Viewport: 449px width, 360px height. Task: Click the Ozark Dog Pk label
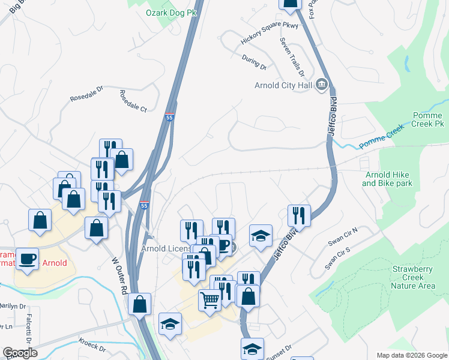tap(172, 12)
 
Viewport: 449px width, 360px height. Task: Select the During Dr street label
tap(254, 62)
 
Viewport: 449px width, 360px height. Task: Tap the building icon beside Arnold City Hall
tap(322, 85)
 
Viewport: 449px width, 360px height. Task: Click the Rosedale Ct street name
tap(133, 101)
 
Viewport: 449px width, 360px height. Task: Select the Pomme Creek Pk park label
tap(427, 120)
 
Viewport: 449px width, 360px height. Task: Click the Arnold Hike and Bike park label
tap(389, 179)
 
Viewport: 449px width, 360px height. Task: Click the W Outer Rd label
tap(120, 275)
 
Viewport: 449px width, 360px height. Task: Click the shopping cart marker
tap(209, 299)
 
